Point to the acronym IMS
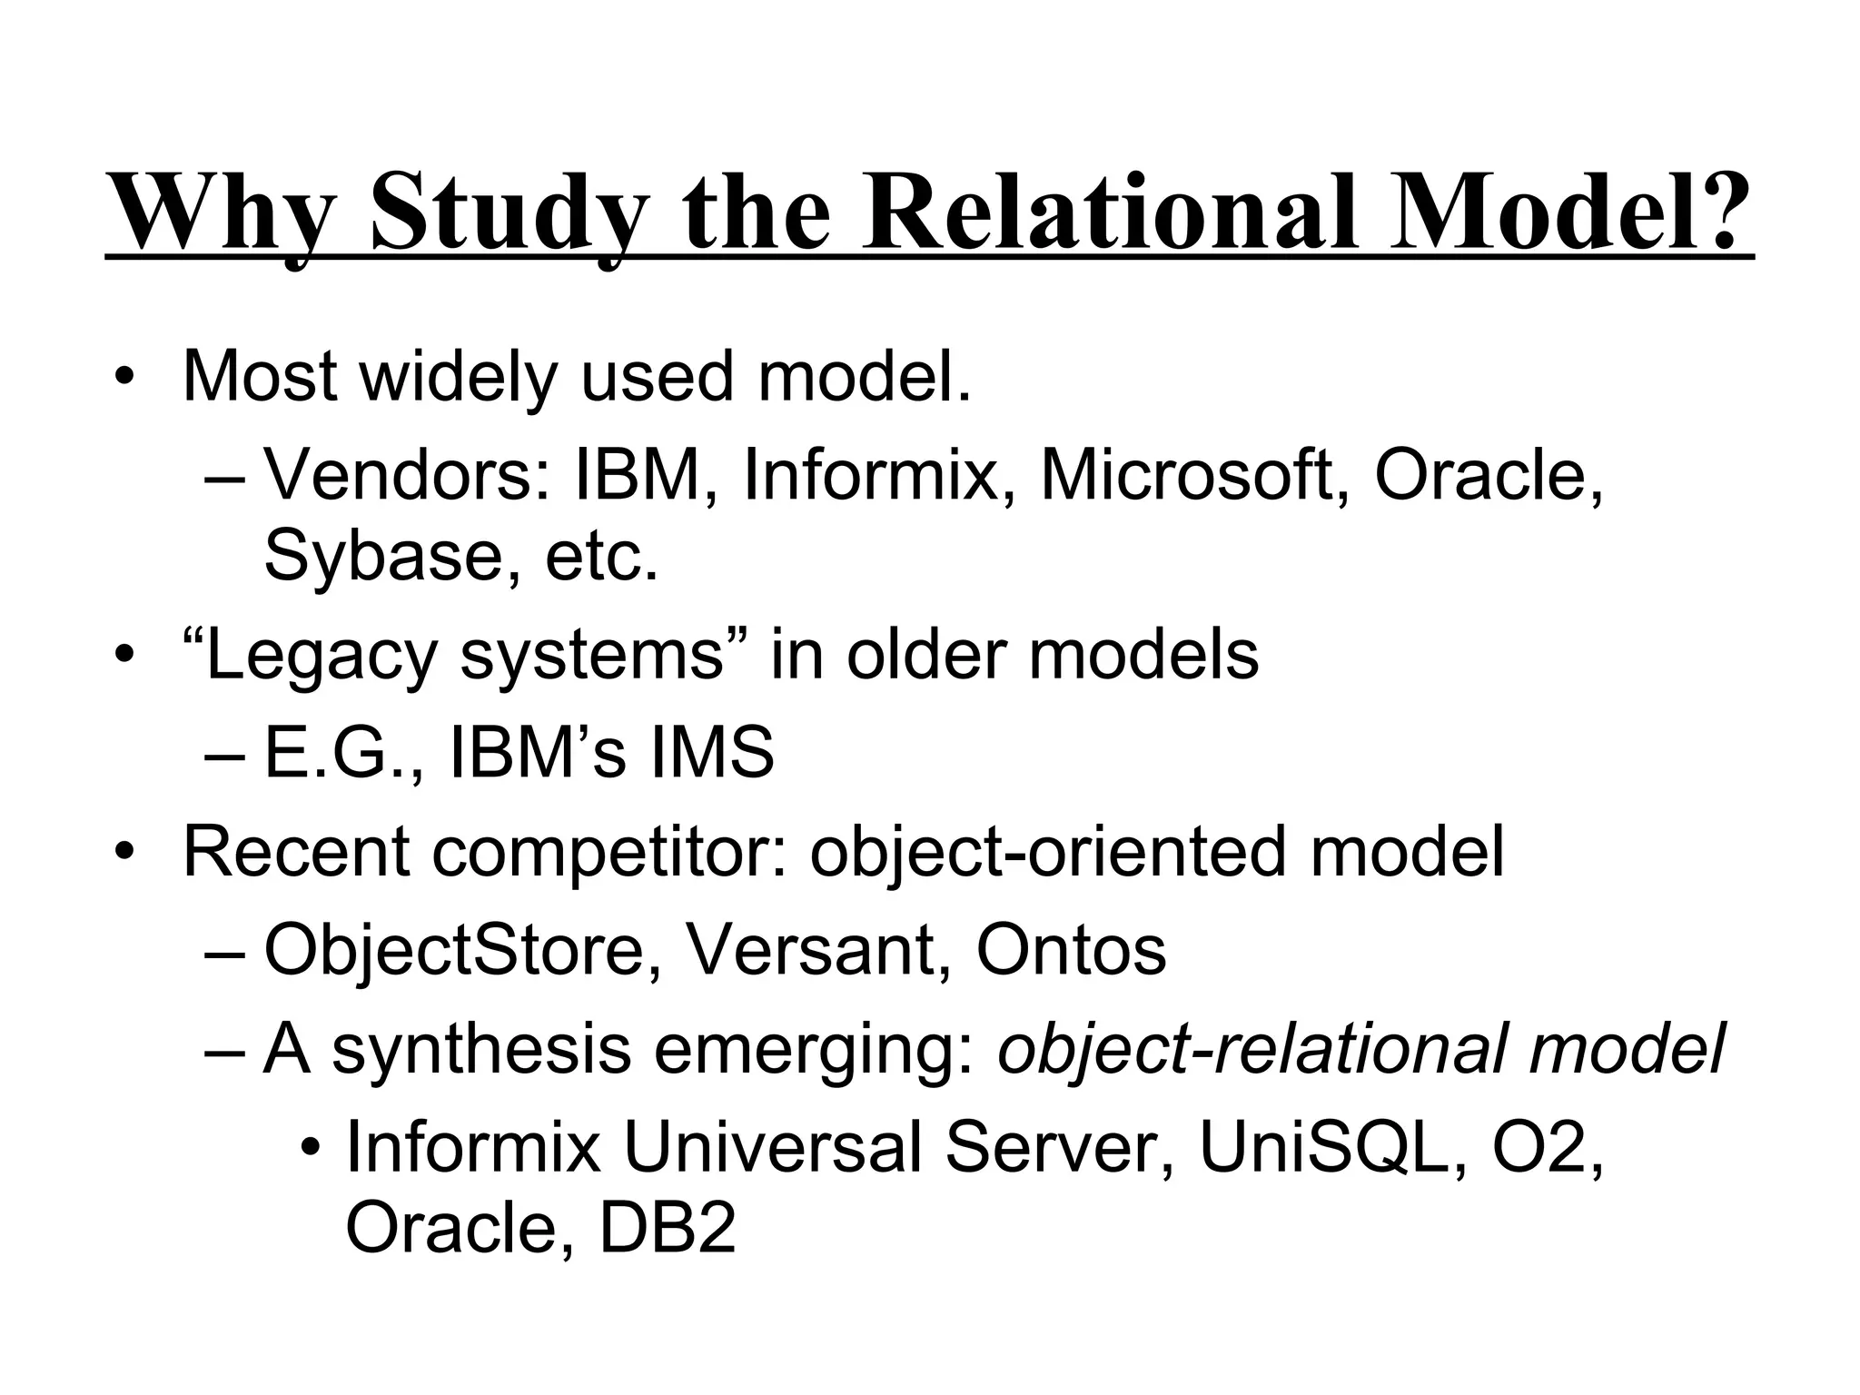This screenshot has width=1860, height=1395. click(x=711, y=753)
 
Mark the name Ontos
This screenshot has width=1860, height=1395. click(x=1071, y=950)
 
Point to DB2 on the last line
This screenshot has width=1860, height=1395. click(x=668, y=1227)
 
